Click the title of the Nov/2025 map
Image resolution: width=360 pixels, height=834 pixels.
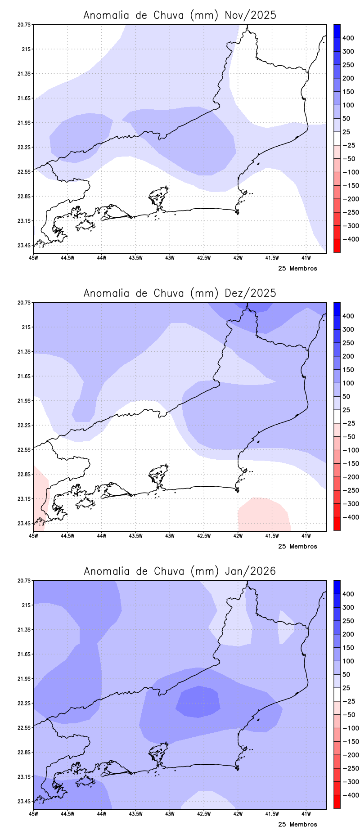point(180,15)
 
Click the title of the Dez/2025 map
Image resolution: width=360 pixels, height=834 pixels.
point(180,293)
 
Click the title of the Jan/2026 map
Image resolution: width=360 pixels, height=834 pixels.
point(180,571)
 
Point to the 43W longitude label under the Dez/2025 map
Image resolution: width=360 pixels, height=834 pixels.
point(170,536)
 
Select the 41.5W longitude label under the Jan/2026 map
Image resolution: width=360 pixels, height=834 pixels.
point(272,814)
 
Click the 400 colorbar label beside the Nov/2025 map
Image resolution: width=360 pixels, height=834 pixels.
point(348,38)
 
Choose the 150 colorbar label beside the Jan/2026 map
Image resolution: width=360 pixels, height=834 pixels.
point(348,648)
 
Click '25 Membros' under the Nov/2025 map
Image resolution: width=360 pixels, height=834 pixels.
point(297,269)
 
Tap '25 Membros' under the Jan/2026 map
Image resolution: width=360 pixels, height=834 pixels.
point(297,825)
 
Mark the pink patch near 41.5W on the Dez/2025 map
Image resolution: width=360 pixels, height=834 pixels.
point(263,514)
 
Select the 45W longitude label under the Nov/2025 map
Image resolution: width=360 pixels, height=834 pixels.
point(33,258)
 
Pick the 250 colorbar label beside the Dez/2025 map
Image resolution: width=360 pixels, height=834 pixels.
point(348,343)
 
